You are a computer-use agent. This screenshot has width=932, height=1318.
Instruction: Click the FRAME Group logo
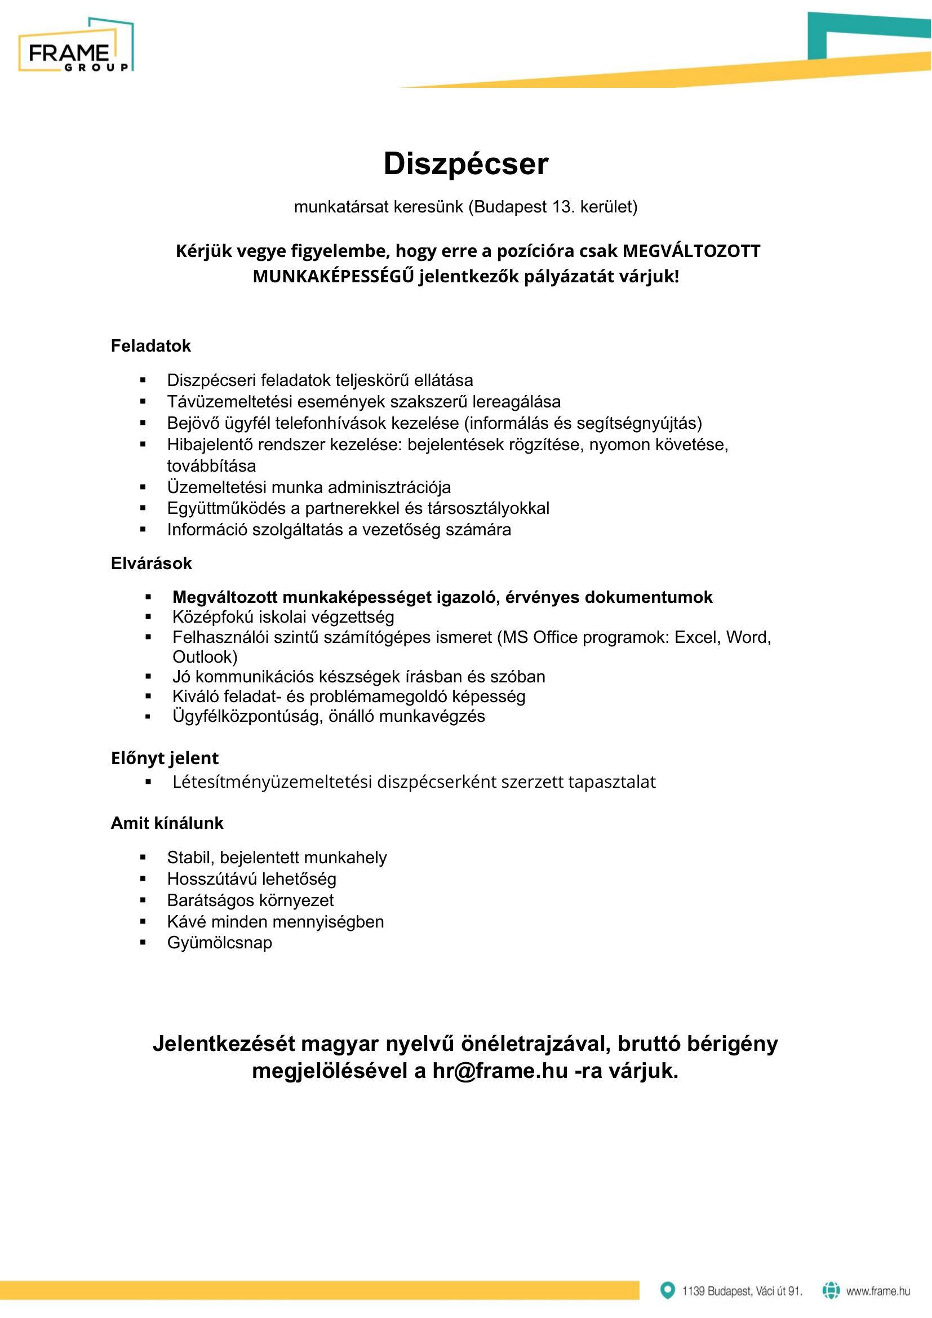click(76, 46)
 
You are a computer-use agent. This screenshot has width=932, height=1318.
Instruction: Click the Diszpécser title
click(465, 164)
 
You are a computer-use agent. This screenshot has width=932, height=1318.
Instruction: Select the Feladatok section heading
click(150, 345)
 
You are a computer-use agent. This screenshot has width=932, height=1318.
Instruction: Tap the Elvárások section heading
click(151, 563)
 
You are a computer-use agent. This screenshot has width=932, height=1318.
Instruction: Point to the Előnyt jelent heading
click(165, 758)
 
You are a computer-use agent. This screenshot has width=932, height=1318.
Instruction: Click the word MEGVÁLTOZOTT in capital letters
click(691, 251)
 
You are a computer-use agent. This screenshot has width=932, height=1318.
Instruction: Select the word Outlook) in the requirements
click(205, 656)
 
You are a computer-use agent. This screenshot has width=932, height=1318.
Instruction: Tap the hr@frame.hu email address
click(500, 1071)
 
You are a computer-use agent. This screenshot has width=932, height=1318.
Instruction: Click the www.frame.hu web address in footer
click(877, 1291)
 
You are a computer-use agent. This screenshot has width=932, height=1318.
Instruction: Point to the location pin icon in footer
click(667, 1290)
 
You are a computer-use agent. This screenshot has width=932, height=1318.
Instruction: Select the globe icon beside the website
click(831, 1290)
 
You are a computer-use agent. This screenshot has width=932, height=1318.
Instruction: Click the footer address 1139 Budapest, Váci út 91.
click(742, 1291)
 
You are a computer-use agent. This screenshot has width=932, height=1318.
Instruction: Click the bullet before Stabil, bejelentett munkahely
click(143, 858)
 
